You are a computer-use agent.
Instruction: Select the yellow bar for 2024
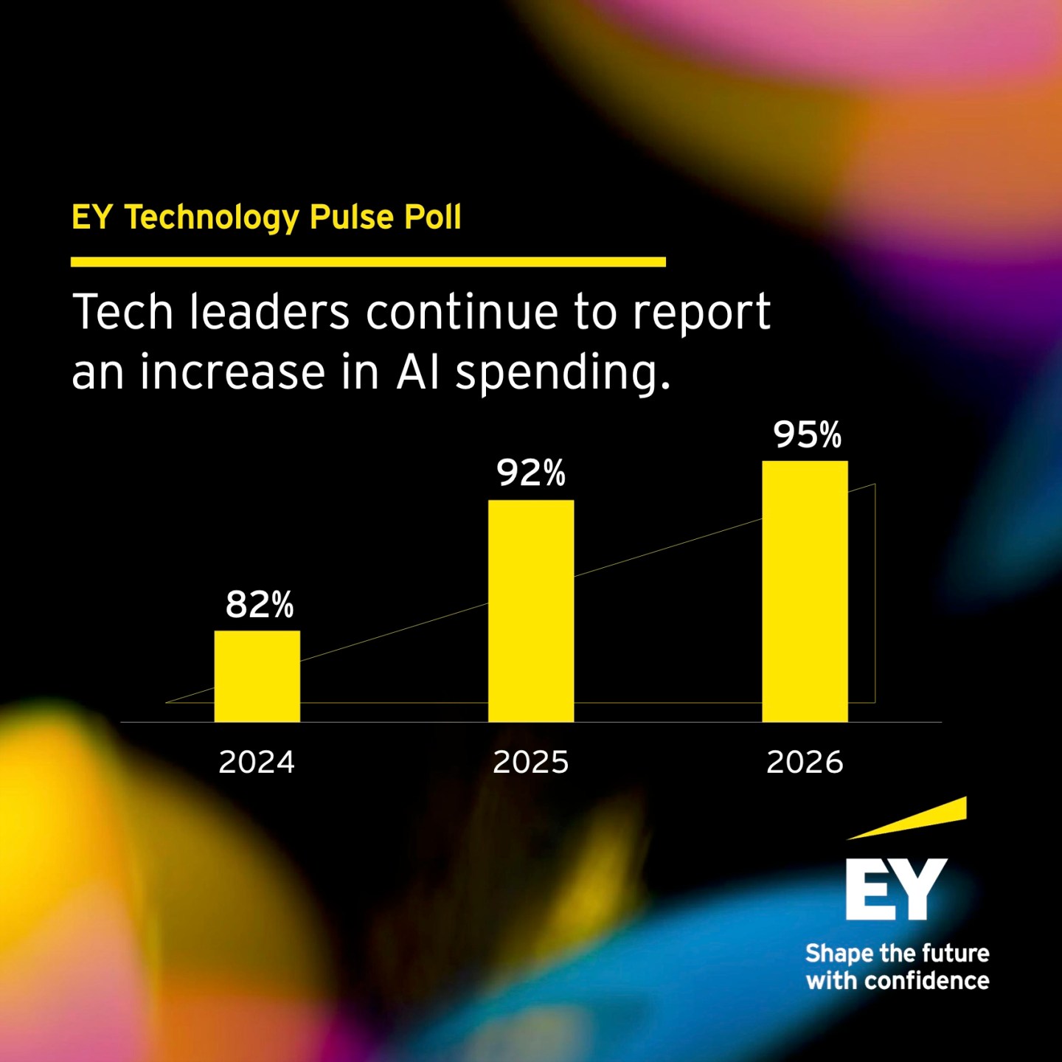(257, 676)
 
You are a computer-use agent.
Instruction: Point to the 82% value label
(259, 605)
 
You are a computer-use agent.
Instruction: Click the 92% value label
(530, 473)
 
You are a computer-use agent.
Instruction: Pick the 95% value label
(807, 434)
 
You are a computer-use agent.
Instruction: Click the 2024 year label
(257, 762)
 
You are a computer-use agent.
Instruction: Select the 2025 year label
(531, 762)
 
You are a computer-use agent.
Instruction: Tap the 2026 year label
(805, 762)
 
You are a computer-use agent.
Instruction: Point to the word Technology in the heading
(211, 218)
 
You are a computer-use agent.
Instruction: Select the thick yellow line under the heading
(368, 262)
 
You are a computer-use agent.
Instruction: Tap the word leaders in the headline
(269, 312)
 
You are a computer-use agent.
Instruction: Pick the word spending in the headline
(562, 373)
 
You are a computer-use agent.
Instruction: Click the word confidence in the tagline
(926, 981)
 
